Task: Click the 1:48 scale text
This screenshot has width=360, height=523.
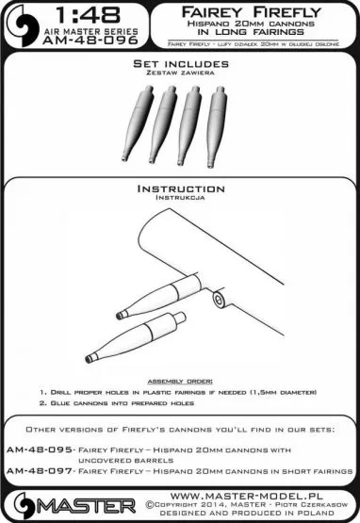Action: (89, 16)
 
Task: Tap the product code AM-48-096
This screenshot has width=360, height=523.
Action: (90, 41)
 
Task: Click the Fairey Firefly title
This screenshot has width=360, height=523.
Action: (251, 12)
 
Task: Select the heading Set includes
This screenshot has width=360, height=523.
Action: (181, 64)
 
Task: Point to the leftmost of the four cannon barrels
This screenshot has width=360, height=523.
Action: (138, 123)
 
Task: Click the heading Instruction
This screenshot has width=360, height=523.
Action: (181, 188)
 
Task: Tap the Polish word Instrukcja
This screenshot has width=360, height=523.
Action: (180, 198)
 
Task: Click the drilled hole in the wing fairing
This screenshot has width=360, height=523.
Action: (219, 299)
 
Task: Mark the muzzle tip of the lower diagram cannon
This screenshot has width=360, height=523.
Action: (89, 360)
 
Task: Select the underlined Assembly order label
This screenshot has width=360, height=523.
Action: (180, 381)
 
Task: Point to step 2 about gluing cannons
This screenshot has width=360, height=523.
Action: (117, 403)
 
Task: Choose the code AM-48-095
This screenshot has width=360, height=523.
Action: (39, 449)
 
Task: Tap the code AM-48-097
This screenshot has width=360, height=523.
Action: (39, 471)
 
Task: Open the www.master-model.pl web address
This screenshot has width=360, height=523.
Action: (246, 496)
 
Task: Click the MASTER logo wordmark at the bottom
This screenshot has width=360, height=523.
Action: (86, 506)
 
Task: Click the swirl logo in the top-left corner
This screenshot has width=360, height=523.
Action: (25, 25)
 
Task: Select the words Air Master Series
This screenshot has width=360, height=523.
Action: (90, 32)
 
